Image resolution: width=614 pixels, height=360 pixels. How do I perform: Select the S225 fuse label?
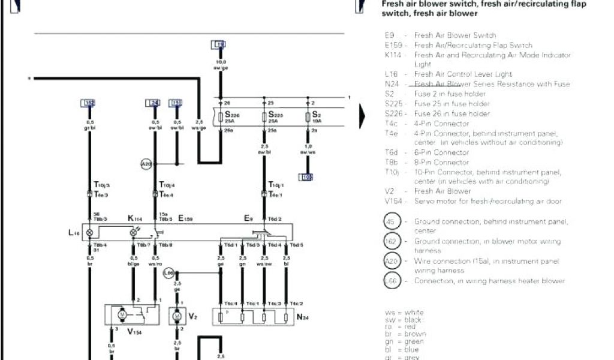click(x=276, y=115)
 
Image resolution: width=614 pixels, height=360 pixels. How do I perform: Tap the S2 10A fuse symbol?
click(x=308, y=117)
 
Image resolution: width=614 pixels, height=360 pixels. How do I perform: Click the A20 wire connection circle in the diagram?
click(x=146, y=164)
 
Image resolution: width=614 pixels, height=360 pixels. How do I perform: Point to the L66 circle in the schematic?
click(x=169, y=273)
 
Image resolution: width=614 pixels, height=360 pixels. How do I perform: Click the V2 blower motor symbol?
click(x=176, y=315)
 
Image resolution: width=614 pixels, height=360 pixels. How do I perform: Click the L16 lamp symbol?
click(x=90, y=232)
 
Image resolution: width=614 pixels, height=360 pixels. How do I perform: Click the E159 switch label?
click(x=186, y=219)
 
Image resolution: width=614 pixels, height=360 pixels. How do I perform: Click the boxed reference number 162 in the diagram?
click(x=89, y=103)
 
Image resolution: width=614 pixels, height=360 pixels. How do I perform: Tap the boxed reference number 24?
click(x=153, y=103)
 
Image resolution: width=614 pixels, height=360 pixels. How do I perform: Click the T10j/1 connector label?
click(x=276, y=185)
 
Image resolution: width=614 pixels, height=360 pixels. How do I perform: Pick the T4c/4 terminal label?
click(x=230, y=303)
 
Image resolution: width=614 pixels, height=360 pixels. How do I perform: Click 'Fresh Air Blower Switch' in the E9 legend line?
click(x=455, y=35)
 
